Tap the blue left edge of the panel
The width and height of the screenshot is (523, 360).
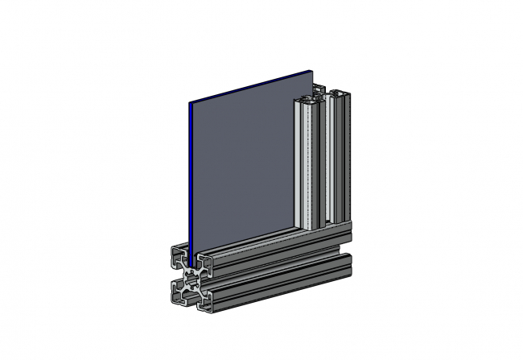coord(190,177)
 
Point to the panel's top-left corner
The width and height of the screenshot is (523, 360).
coord(189,104)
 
